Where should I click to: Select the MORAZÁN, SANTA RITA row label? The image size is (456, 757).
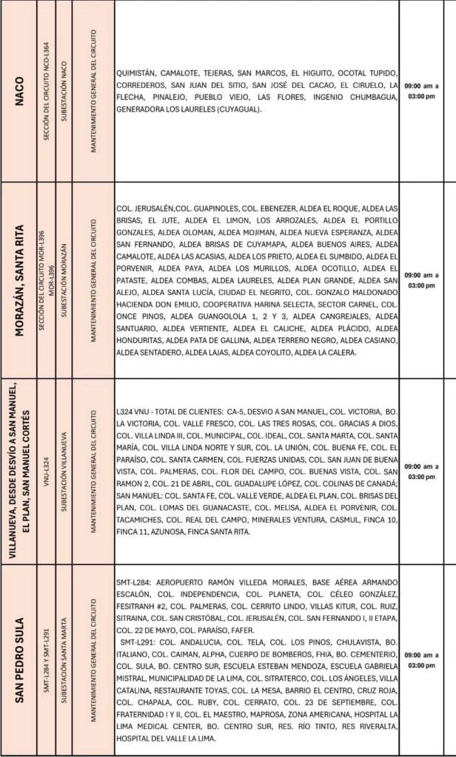point(20,280)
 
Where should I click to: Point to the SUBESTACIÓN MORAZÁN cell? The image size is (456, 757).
point(64,280)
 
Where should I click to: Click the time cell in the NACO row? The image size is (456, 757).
point(421,91)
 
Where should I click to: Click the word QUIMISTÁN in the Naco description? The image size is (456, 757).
point(136,73)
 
